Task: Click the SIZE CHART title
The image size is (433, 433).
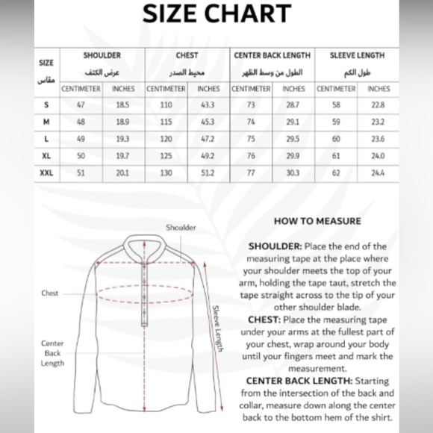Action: pyautogui.click(x=216, y=13)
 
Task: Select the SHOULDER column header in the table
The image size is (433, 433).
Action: pyautogui.click(x=102, y=55)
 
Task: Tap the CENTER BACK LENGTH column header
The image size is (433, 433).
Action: pyautogui.click(x=271, y=55)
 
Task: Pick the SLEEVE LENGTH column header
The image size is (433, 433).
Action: pyautogui.click(x=357, y=55)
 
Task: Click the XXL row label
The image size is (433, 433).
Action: pyautogui.click(x=46, y=173)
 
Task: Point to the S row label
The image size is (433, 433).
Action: pyautogui.click(x=46, y=105)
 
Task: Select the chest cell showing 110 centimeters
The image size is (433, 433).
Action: pyautogui.click(x=166, y=105)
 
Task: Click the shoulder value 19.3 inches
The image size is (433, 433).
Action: pyautogui.click(x=123, y=139)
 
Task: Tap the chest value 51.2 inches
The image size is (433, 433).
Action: pyautogui.click(x=207, y=173)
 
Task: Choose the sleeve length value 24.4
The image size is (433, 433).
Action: pyautogui.click(x=379, y=173)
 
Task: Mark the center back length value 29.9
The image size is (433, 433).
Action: pyautogui.click(x=293, y=156)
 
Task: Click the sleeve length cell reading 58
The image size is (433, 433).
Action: pyautogui.click(x=336, y=105)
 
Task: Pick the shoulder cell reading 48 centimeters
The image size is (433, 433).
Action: pyautogui.click(x=81, y=122)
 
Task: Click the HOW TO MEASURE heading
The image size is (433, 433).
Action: pyautogui.click(x=317, y=221)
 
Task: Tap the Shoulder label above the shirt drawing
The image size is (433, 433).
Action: pyautogui.click(x=181, y=228)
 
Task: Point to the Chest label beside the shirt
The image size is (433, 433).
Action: pyautogui.click(x=50, y=293)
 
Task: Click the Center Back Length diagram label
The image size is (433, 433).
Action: pyautogui.click(x=52, y=352)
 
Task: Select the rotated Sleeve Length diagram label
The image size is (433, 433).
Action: pyautogui.click(x=217, y=329)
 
